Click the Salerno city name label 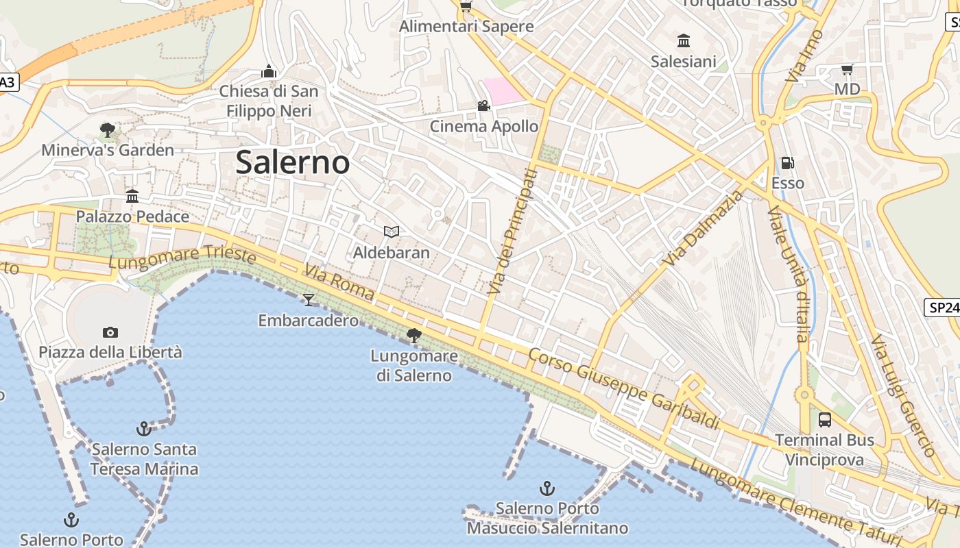293,162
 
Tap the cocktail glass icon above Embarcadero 309,299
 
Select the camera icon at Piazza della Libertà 110,332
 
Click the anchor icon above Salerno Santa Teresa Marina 143,429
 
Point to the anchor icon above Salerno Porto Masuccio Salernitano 547,488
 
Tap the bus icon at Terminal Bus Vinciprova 825,419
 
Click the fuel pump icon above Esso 788,163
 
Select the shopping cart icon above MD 847,69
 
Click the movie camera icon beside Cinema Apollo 483,105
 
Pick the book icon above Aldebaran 391,232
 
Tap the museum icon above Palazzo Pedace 132,197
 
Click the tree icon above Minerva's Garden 107,129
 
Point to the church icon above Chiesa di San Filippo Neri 269,71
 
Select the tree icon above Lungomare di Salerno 413,335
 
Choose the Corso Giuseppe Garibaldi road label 623,388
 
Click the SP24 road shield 944,308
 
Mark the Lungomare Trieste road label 182,258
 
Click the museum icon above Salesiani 683,41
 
